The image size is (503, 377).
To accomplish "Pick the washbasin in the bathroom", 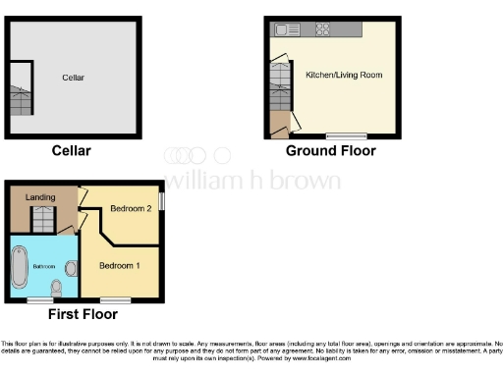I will [71, 268].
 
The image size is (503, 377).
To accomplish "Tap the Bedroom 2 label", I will [130, 208].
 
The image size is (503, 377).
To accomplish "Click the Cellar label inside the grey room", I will [74, 78].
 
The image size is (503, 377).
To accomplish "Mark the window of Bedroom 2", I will [162, 199].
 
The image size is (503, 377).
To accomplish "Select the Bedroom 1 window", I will [115, 298].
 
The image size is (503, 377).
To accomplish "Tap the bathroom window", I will [40, 298].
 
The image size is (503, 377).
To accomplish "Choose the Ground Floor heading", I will [330, 151].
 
